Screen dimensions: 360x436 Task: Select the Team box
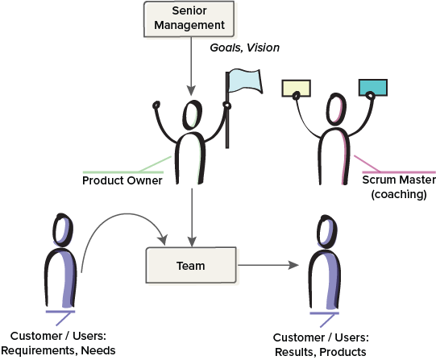pos(190,265)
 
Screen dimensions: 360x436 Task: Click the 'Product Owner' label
pos(122,180)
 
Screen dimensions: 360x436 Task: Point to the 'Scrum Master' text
pos(393,180)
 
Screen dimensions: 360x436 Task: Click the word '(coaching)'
pos(393,194)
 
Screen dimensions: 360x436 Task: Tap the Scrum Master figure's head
pos(335,106)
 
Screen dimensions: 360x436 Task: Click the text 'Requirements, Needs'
pos(59,350)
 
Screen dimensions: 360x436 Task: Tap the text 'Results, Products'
pos(320,352)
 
